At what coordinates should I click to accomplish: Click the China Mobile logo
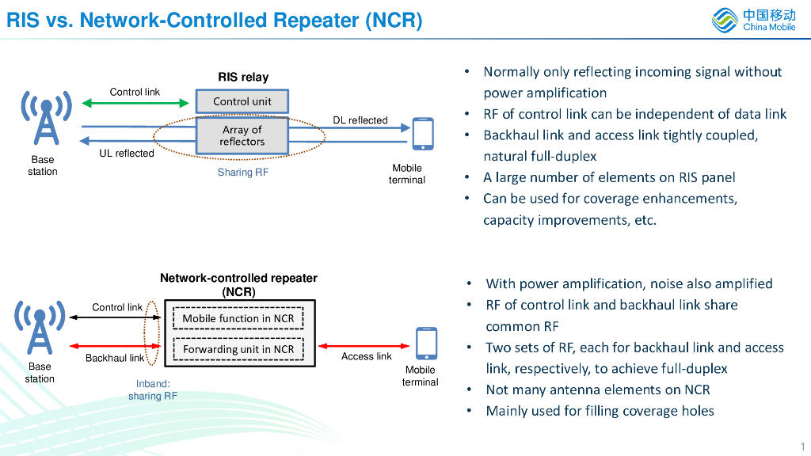[753, 20]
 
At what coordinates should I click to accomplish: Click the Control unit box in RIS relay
[242, 101]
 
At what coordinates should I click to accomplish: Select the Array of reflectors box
[242, 135]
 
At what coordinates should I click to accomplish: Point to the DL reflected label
[360, 120]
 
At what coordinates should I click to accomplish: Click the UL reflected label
[126, 154]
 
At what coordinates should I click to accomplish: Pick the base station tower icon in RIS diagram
[46, 118]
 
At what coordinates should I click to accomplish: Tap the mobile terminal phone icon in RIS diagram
[423, 134]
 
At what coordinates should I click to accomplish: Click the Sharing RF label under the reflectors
[242, 172]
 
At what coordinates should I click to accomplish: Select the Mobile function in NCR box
[238, 318]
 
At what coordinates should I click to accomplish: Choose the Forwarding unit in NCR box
[238, 349]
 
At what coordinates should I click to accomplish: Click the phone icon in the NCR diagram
[426, 344]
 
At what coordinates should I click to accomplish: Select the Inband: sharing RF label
[152, 389]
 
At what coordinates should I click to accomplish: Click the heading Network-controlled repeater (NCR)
[238, 285]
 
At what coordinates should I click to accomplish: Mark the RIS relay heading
[243, 77]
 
